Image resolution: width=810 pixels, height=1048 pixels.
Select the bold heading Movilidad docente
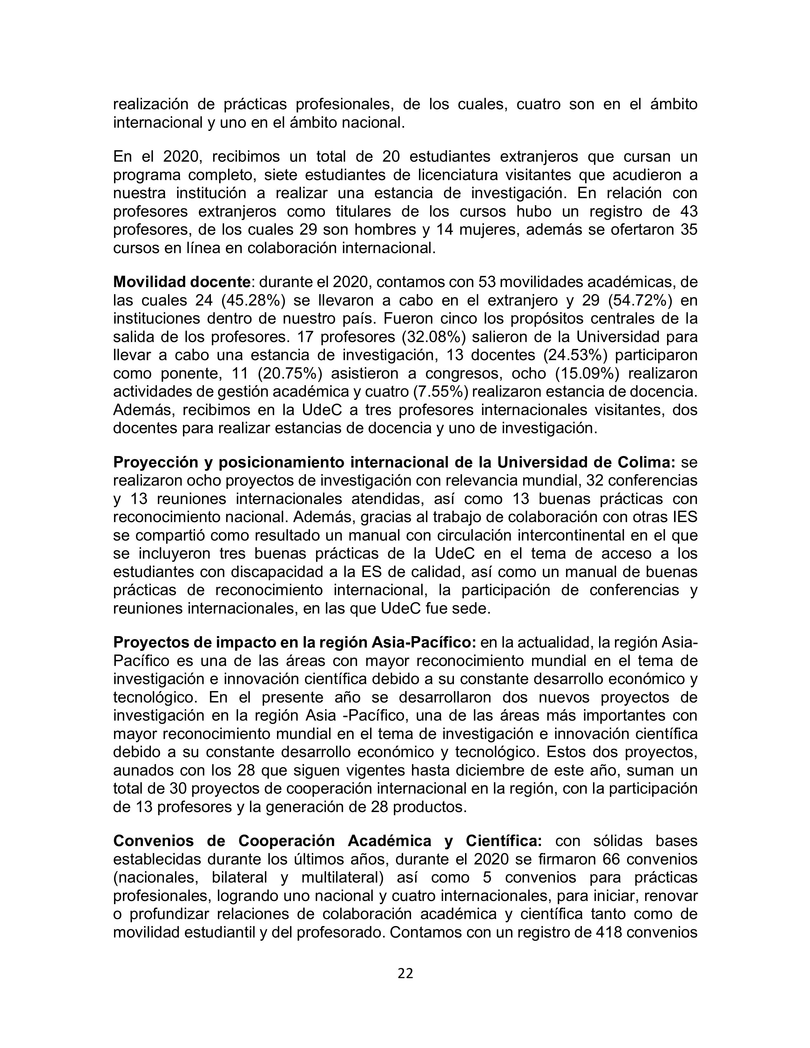pos(182,282)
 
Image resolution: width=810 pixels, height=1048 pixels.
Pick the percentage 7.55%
pos(440,392)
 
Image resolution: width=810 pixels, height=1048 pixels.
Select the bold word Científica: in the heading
pos(504,841)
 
